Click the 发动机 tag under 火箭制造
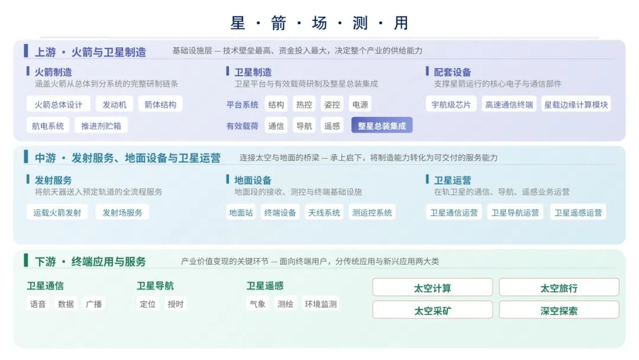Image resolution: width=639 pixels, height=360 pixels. click(x=114, y=104)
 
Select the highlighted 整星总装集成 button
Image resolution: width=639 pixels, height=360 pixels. click(x=382, y=126)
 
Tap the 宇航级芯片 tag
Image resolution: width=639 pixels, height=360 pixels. click(x=451, y=104)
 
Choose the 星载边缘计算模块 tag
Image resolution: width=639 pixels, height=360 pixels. click(x=576, y=104)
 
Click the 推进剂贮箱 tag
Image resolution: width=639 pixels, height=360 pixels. click(x=101, y=126)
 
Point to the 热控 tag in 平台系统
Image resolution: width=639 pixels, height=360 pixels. click(x=304, y=104)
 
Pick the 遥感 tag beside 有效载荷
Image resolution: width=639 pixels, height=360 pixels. click(x=332, y=126)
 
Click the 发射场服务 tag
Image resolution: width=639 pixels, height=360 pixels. click(x=122, y=213)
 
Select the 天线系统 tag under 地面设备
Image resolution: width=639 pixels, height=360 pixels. click(x=324, y=213)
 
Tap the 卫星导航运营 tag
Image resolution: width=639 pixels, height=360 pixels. click(x=515, y=213)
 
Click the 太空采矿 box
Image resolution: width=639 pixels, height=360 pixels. click(x=433, y=311)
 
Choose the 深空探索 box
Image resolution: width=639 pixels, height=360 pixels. click(x=559, y=311)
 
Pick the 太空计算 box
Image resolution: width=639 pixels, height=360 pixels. click(x=433, y=288)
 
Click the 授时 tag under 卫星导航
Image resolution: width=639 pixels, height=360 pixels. click(x=176, y=304)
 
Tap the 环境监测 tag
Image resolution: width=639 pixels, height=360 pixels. click(x=321, y=304)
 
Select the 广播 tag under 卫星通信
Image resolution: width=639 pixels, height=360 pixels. click(x=93, y=304)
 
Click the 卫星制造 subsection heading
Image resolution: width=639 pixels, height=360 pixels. click(x=253, y=72)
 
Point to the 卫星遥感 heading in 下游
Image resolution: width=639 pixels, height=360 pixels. click(x=265, y=285)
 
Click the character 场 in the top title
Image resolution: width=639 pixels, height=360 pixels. click(x=319, y=23)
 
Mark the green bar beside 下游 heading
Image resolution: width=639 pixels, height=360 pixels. click(x=26, y=260)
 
